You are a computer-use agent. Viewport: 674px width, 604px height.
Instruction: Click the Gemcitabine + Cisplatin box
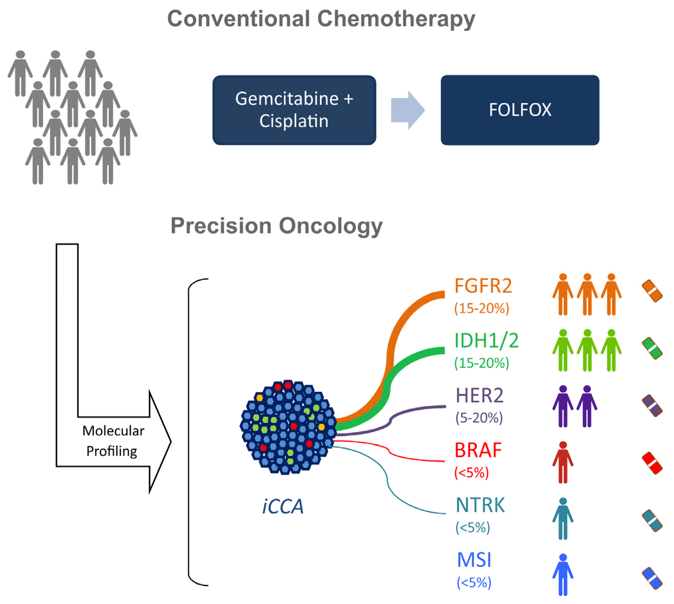pyautogui.click(x=294, y=110)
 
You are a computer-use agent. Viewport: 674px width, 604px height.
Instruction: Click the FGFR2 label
pyautogui.click(x=483, y=286)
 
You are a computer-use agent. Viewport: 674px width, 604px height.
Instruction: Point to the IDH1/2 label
pyautogui.click(x=486, y=341)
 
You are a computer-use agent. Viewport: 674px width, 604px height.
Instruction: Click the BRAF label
pyautogui.click(x=478, y=450)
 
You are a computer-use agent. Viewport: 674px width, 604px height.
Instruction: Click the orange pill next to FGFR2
pyautogui.click(x=652, y=291)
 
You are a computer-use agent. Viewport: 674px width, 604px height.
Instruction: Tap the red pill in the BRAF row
pyautogui.click(x=652, y=463)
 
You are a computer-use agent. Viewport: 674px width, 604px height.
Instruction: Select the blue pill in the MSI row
pyautogui.click(x=652, y=578)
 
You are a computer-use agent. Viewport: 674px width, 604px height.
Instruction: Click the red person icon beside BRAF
pyautogui.click(x=563, y=462)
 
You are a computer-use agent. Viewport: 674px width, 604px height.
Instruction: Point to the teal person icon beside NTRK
pyautogui.click(x=563, y=518)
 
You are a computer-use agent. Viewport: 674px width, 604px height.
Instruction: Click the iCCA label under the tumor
pyautogui.click(x=283, y=507)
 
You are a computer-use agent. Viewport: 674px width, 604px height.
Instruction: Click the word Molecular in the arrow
pyautogui.click(x=113, y=431)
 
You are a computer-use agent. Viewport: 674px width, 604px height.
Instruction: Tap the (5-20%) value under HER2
pyautogui.click(x=479, y=417)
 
